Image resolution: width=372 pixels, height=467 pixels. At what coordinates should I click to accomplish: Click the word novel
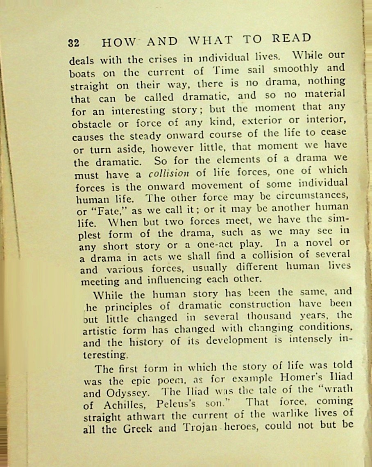[319, 242]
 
